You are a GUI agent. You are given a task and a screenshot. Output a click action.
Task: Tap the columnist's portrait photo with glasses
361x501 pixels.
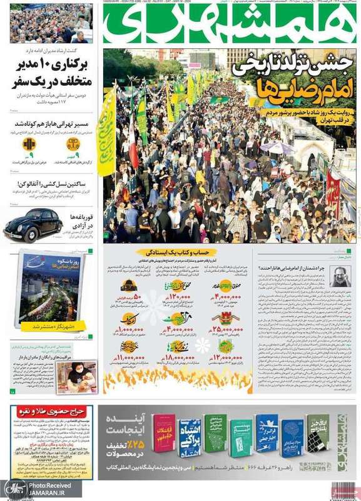coord(340,276)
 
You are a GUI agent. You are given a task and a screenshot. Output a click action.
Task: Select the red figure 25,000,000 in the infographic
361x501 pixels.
coord(227,328)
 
